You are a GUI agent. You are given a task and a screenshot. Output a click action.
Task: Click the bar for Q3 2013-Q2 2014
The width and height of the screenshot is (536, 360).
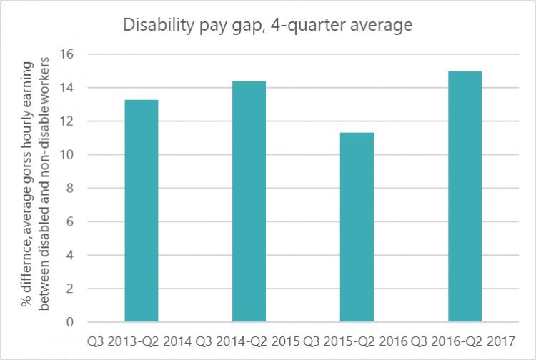[x=141, y=211]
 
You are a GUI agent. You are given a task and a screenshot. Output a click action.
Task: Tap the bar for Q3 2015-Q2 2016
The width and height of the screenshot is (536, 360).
[x=357, y=227]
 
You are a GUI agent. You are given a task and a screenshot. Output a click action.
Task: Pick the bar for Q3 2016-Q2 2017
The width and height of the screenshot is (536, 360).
[x=465, y=196]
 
